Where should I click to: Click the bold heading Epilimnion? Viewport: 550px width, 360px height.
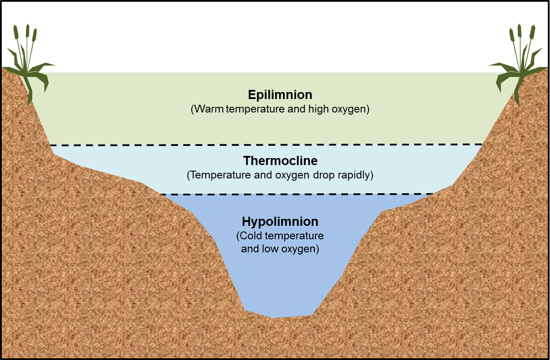coord(280,95)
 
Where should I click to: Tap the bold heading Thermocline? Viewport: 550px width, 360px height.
coord(280,161)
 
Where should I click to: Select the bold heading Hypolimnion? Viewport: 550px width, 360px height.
coord(280,221)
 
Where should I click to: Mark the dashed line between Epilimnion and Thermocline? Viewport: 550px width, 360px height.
coord(267,145)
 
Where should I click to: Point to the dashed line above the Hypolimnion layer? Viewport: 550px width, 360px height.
coord(297,194)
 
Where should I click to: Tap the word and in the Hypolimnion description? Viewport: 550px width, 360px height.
coord(250,249)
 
